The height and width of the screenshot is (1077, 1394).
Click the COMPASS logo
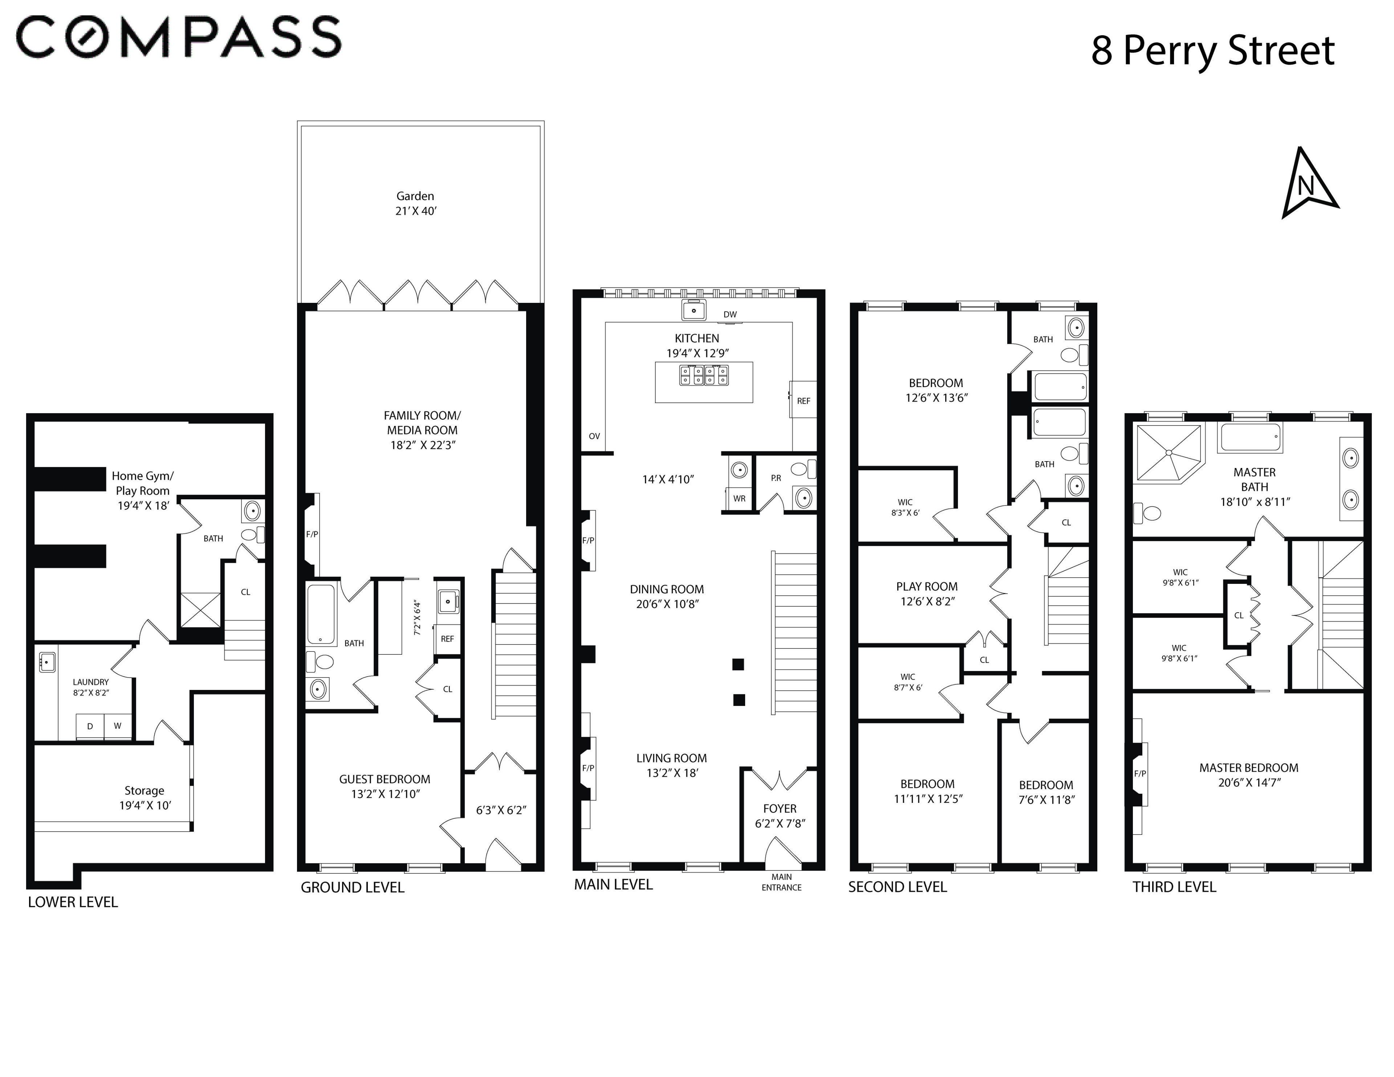click(179, 37)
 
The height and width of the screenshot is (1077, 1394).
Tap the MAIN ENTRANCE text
click(781, 882)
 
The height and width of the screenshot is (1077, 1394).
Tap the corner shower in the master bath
click(1167, 452)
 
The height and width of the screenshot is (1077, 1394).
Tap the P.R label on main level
click(776, 477)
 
